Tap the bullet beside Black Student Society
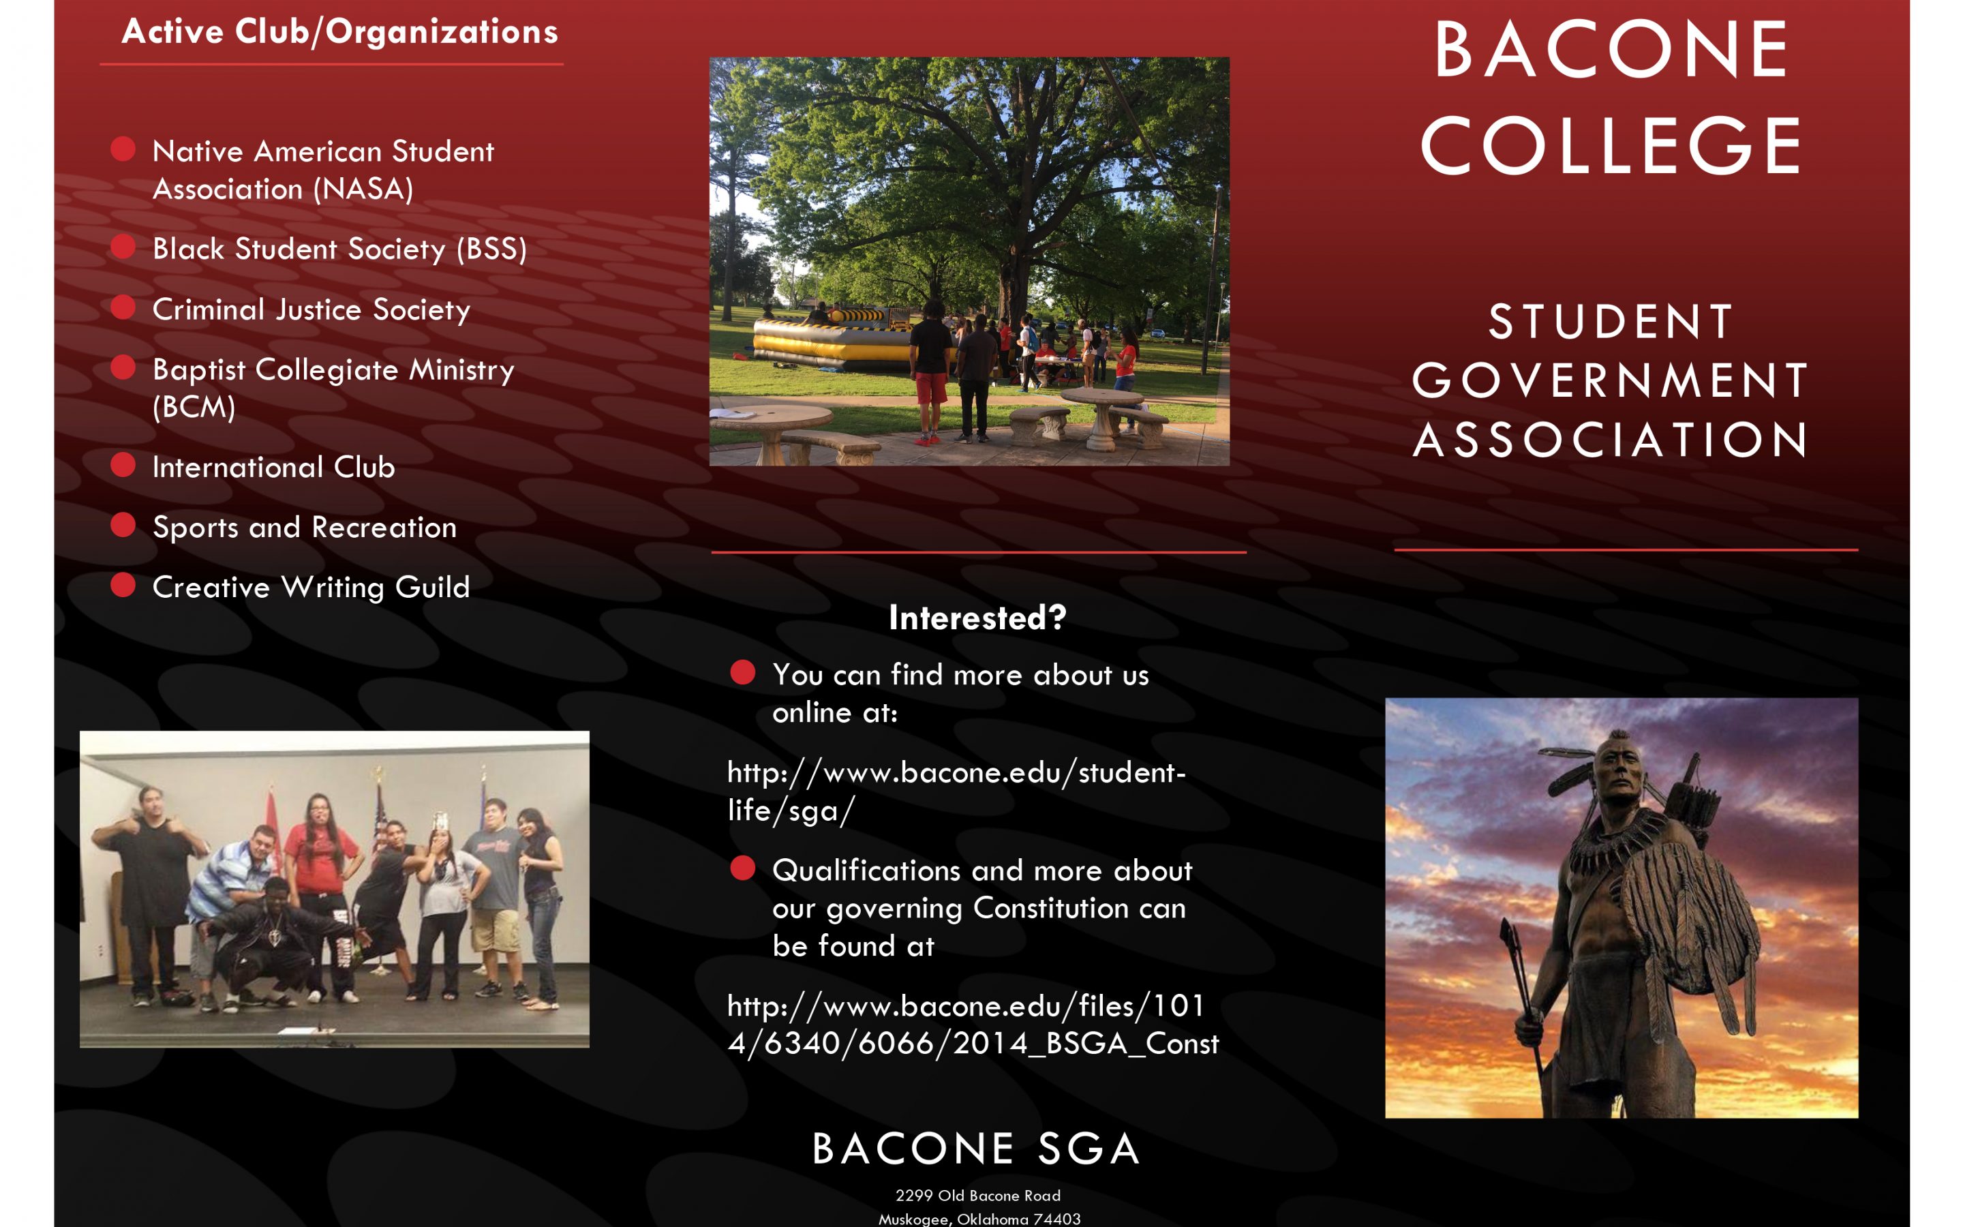pos(123,246)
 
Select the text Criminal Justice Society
pos(311,309)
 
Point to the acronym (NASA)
pos(363,189)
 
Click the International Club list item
pos(273,467)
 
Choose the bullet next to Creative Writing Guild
pos(123,584)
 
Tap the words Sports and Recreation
pos(304,528)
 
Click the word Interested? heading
pos(977,618)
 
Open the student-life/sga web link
pos(956,791)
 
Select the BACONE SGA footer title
pos(977,1149)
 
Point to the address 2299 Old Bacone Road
pos(977,1196)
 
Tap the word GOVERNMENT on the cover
pos(1610,380)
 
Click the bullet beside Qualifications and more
pos(742,868)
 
